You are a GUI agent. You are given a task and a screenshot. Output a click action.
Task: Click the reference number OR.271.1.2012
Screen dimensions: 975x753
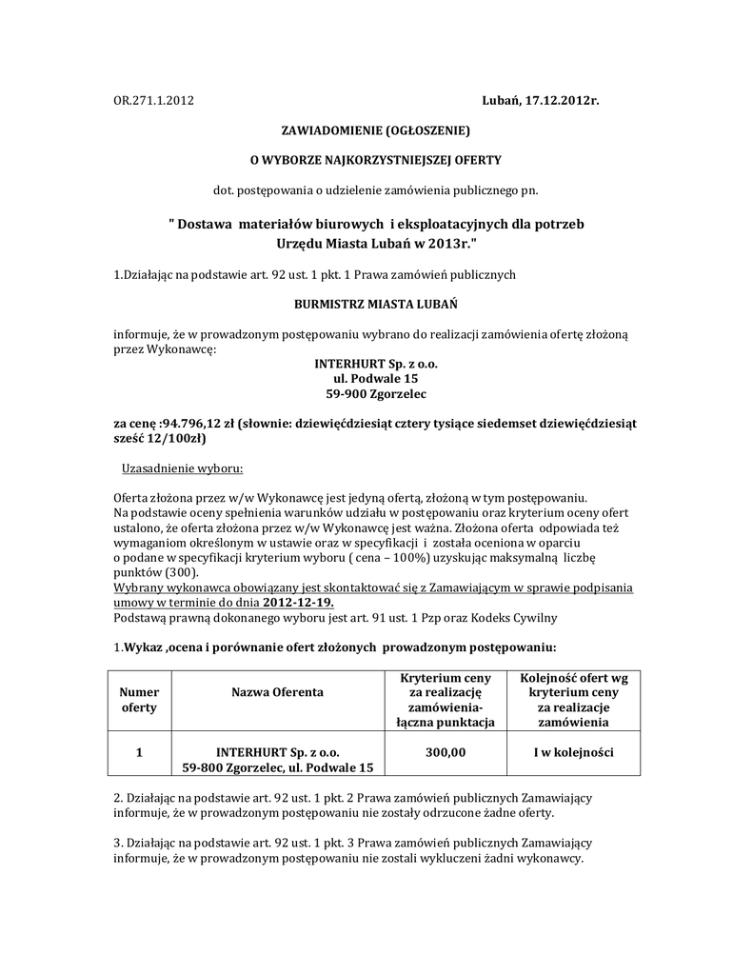click(x=153, y=100)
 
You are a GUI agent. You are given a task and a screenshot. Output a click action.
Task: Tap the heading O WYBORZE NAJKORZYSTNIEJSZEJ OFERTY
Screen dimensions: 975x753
click(x=375, y=159)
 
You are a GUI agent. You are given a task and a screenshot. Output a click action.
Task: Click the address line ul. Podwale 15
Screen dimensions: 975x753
click(x=376, y=378)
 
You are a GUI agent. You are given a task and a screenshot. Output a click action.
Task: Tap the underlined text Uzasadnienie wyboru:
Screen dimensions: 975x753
click(x=182, y=468)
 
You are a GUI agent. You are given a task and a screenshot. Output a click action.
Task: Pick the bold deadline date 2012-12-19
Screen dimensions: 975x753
click(x=298, y=603)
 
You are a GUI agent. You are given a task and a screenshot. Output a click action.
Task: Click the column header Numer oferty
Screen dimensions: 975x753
click(x=139, y=700)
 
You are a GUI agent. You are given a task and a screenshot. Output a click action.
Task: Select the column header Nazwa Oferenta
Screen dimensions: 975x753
click(x=277, y=692)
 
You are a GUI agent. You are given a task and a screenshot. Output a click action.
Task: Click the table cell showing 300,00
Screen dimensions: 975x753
click(x=446, y=752)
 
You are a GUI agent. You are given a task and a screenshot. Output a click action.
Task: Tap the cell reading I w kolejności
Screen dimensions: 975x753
click(x=573, y=752)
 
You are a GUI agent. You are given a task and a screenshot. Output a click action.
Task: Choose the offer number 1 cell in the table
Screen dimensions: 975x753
click(x=139, y=752)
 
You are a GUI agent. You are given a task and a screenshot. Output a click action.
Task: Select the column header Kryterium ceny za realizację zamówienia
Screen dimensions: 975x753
click(x=446, y=700)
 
